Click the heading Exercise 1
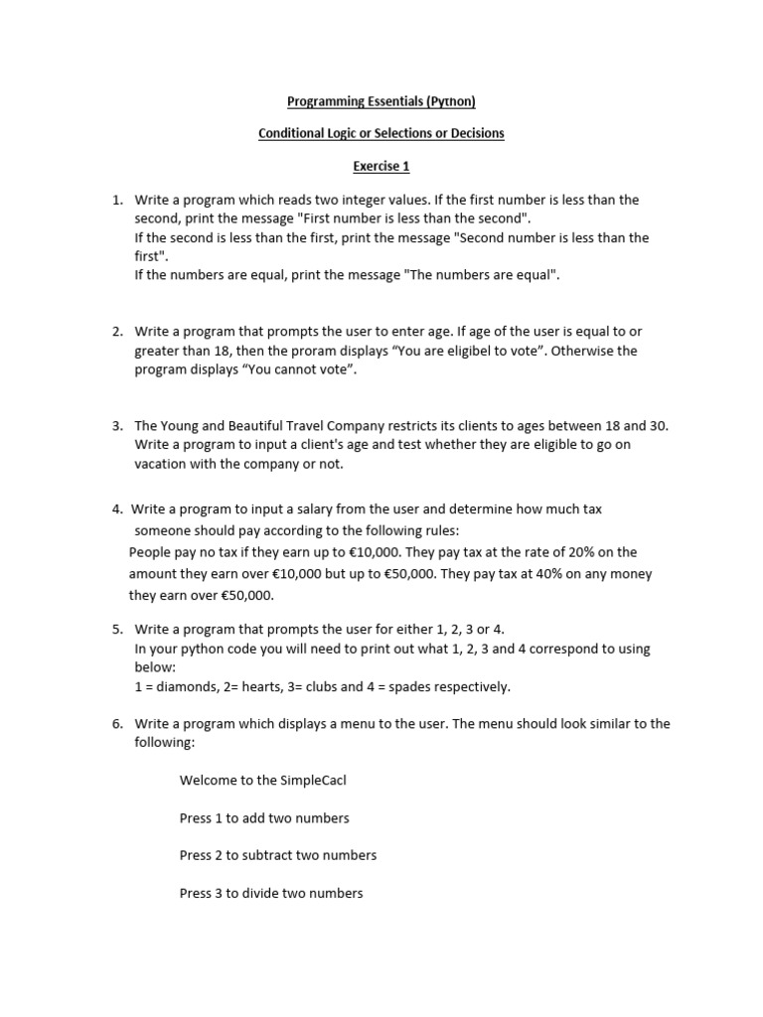pyautogui.click(x=381, y=166)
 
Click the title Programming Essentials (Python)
pyautogui.click(x=381, y=101)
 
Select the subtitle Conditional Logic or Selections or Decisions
pyautogui.click(x=381, y=133)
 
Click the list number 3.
pyautogui.click(x=116, y=426)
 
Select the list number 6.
pyautogui.click(x=116, y=724)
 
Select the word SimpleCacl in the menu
pyautogui.click(x=311, y=781)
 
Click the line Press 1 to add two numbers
pyautogui.click(x=264, y=818)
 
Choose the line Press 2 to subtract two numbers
pyautogui.click(x=278, y=855)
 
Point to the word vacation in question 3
pyautogui.click(x=164, y=464)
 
